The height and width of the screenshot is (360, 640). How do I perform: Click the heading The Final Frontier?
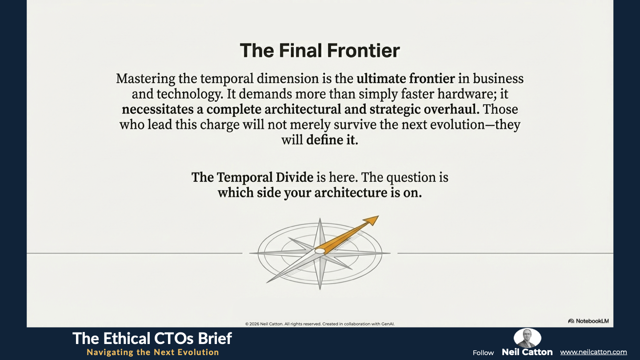pos(320,51)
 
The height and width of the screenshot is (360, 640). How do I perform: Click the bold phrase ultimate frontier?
pos(406,79)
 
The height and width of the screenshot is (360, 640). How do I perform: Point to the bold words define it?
pos(332,140)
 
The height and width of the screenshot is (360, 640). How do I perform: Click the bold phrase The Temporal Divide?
pos(252,177)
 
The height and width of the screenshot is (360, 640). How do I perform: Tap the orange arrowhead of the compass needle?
pos(372,220)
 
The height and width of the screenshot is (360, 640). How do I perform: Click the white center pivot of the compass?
pos(320,251)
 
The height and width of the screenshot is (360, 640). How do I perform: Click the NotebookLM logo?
pos(588,321)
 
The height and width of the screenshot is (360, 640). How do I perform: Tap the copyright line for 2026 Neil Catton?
pos(320,324)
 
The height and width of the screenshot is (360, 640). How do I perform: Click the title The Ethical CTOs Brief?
pos(152,339)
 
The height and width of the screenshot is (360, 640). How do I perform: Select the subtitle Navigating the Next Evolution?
pos(153,352)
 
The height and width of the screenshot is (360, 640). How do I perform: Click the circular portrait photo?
pos(527,338)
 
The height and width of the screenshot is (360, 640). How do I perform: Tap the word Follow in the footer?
pos(483,353)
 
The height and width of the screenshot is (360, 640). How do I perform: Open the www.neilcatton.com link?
pos(593,352)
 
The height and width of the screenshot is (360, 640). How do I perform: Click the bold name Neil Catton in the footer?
pos(527,352)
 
